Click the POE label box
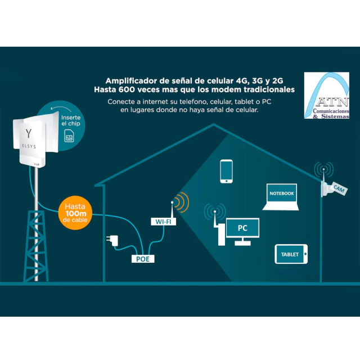pyautogui.click(x=142, y=259)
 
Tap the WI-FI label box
pyautogui.click(x=163, y=222)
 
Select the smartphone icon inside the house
pyautogui.click(x=226, y=171)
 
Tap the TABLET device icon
pyautogui.click(x=291, y=254)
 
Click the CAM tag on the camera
pyautogui.click(x=339, y=190)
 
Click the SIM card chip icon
pyautogui.click(x=70, y=137)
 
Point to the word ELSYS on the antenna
pyautogui.click(x=29, y=145)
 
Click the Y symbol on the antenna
pyautogui.click(x=29, y=133)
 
